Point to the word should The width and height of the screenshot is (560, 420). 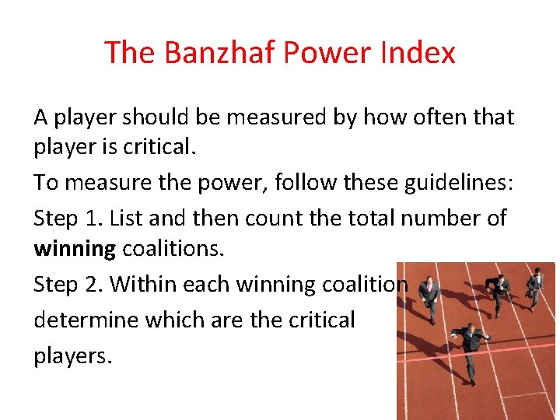coord(150,117)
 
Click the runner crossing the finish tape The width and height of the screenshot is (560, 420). coord(469,347)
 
